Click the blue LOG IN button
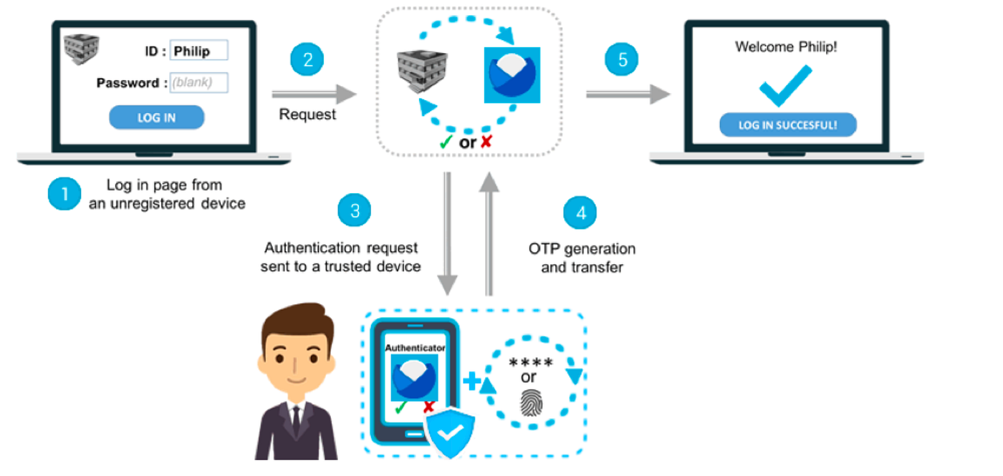156,117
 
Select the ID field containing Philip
198,51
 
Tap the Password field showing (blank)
198,82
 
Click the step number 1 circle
64,194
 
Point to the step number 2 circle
307,60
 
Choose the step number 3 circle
354,211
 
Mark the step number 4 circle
580,213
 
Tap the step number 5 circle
621,60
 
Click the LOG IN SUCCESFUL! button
787,125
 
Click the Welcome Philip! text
786,47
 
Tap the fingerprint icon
530,402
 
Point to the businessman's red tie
294,419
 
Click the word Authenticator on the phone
415,347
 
